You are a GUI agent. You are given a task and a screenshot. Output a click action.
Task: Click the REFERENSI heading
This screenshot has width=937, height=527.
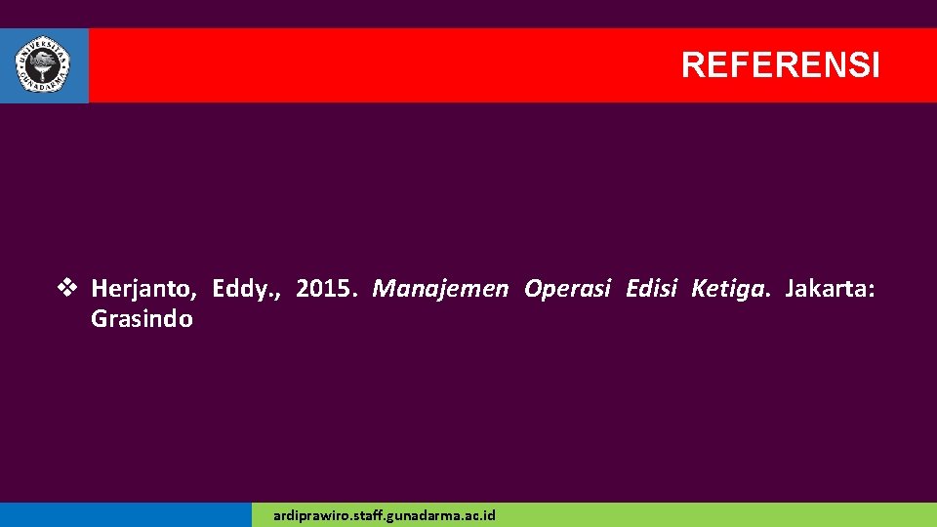click(x=780, y=65)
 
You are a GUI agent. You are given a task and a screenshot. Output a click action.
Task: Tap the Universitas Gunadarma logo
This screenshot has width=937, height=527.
click(x=43, y=65)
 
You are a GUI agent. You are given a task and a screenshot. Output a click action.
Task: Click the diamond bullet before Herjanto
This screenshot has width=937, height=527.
click(x=67, y=289)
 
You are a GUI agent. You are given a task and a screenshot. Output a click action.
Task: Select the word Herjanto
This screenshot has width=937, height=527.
click(x=143, y=289)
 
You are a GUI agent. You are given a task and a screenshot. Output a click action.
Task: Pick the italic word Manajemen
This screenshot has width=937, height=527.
click(x=440, y=289)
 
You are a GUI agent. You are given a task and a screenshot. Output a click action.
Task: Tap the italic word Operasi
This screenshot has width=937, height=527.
click(x=567, y=289)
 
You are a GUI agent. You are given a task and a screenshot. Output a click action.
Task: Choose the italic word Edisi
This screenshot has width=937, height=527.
click(x=651, y=289)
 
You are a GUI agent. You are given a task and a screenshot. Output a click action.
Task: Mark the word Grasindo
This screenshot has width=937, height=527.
click(x=142, y=319)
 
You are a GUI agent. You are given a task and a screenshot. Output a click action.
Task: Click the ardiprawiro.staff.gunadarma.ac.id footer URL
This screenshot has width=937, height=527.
click(x=385, y=514)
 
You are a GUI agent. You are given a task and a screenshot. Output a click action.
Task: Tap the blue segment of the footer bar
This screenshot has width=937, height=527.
click(x=125, y=514)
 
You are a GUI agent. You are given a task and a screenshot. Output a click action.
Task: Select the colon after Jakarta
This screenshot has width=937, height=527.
click(x=873, y=291)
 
